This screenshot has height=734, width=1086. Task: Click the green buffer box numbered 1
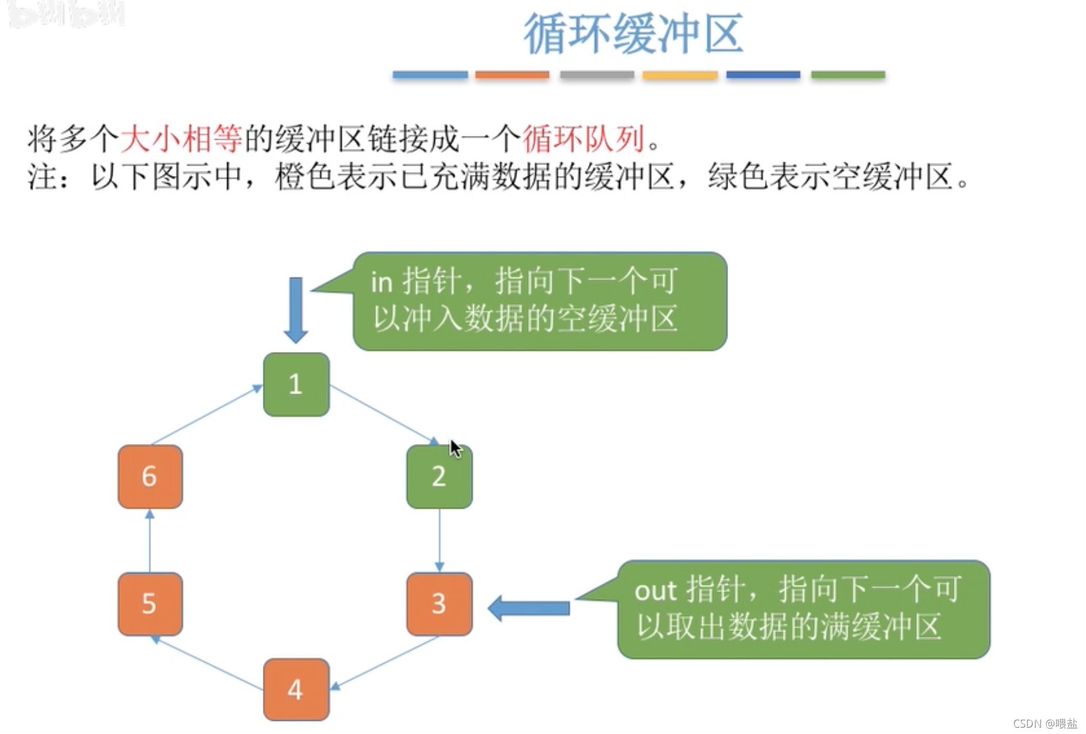pyautogui.click(x=296, y=384)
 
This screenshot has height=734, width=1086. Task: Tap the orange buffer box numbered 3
pyautogui.click(x=439, y=604)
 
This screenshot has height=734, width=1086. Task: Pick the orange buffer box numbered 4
pyautogui.click(x=296, y=689)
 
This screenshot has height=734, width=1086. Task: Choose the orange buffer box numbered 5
pyautogui.click(x=150, y=604)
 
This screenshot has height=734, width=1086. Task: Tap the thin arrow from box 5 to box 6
pyautogui.click(x=150, y=541)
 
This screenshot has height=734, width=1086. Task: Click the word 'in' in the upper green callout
pyautogui.click(x=381, y=282)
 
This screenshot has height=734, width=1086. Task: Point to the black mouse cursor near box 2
pyautogui.click(x=455, y=448)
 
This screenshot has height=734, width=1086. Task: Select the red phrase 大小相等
pyautogui.click(x=181, y=139)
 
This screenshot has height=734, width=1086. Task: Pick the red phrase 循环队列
pyautogui.click(x=583, y=139)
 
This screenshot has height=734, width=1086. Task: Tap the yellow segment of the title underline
pyautogui.click(x=680, y=75)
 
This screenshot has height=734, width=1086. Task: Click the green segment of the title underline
pyautogui.click(x=848, y=75)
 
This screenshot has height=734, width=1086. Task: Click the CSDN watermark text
pyautogui.click(x=1045, y=723)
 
